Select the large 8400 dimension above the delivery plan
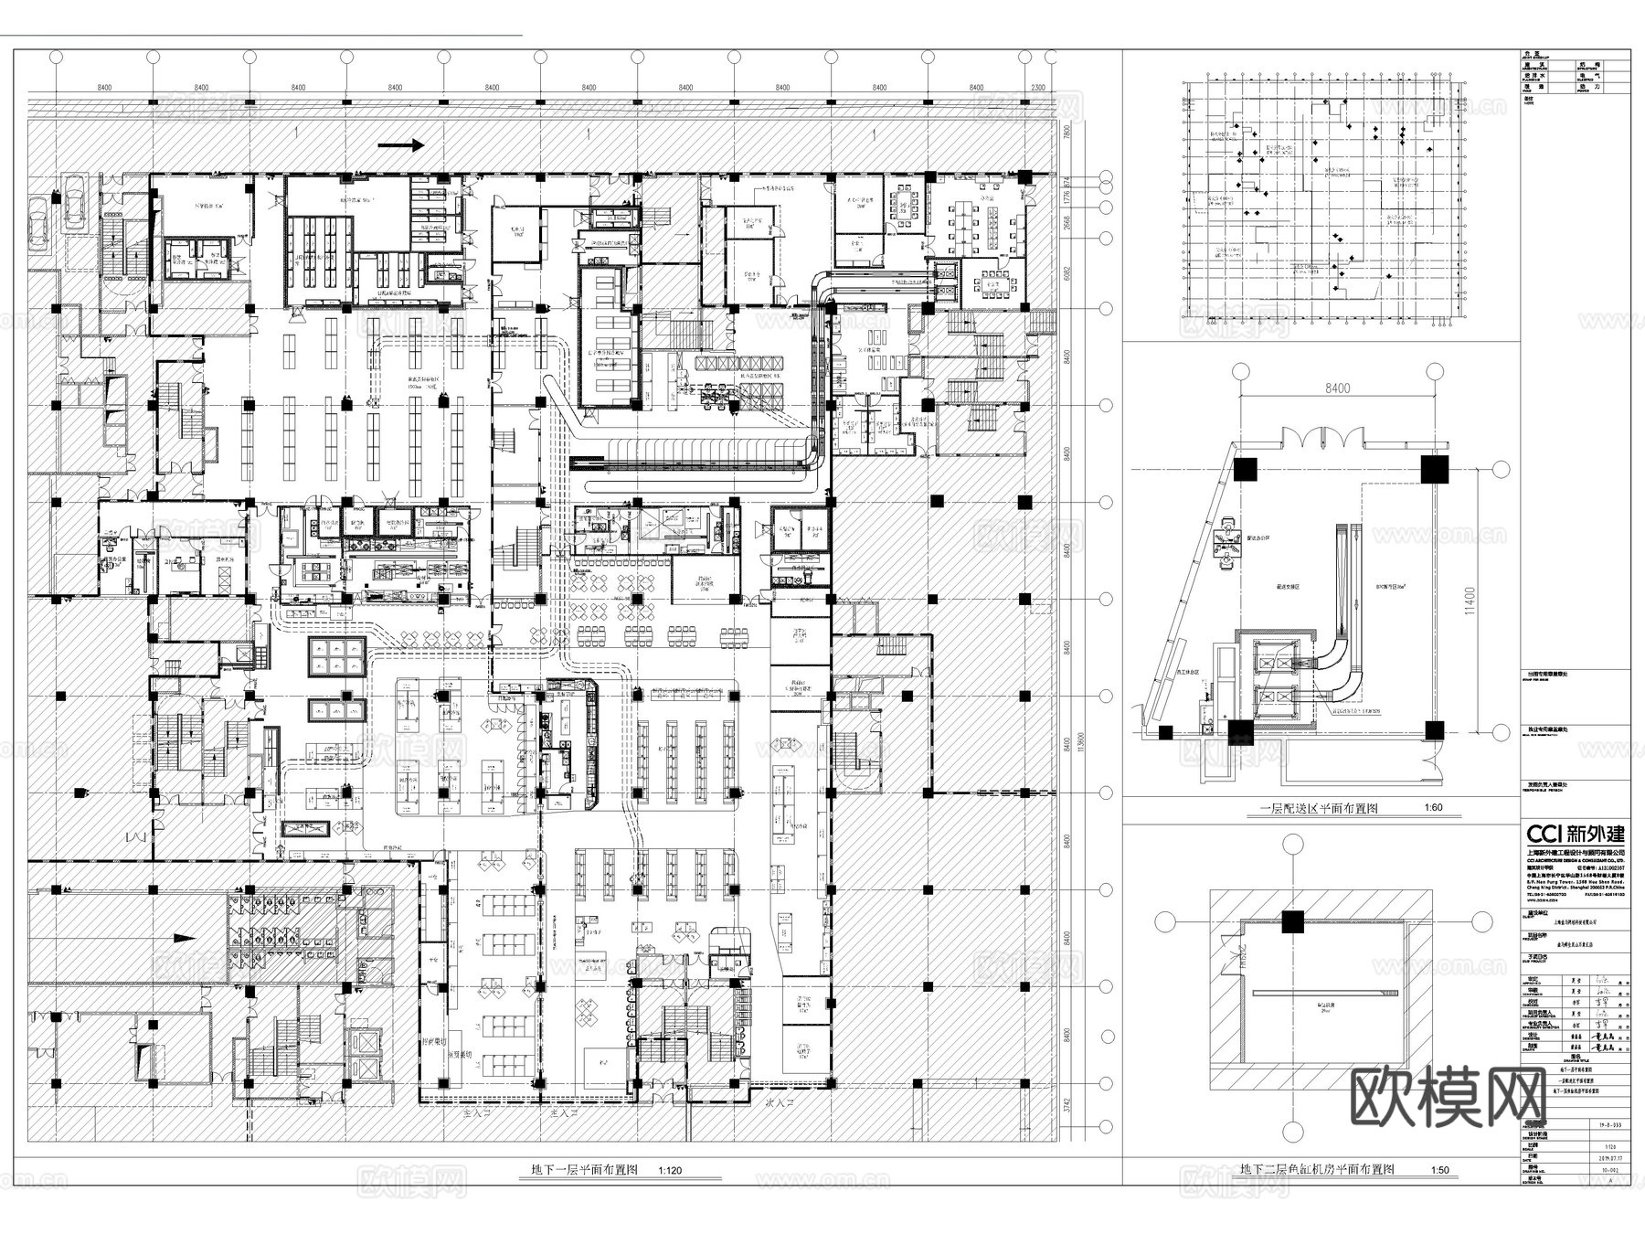click(x=1335, y=388)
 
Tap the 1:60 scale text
click(x=1433, y=808)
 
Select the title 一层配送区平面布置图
click(x=1319, y=808)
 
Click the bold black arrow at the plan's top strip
click(x=402, y=144)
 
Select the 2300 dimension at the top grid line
click(x=1037, y=88)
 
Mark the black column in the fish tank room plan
click(x=1291, y=922)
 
